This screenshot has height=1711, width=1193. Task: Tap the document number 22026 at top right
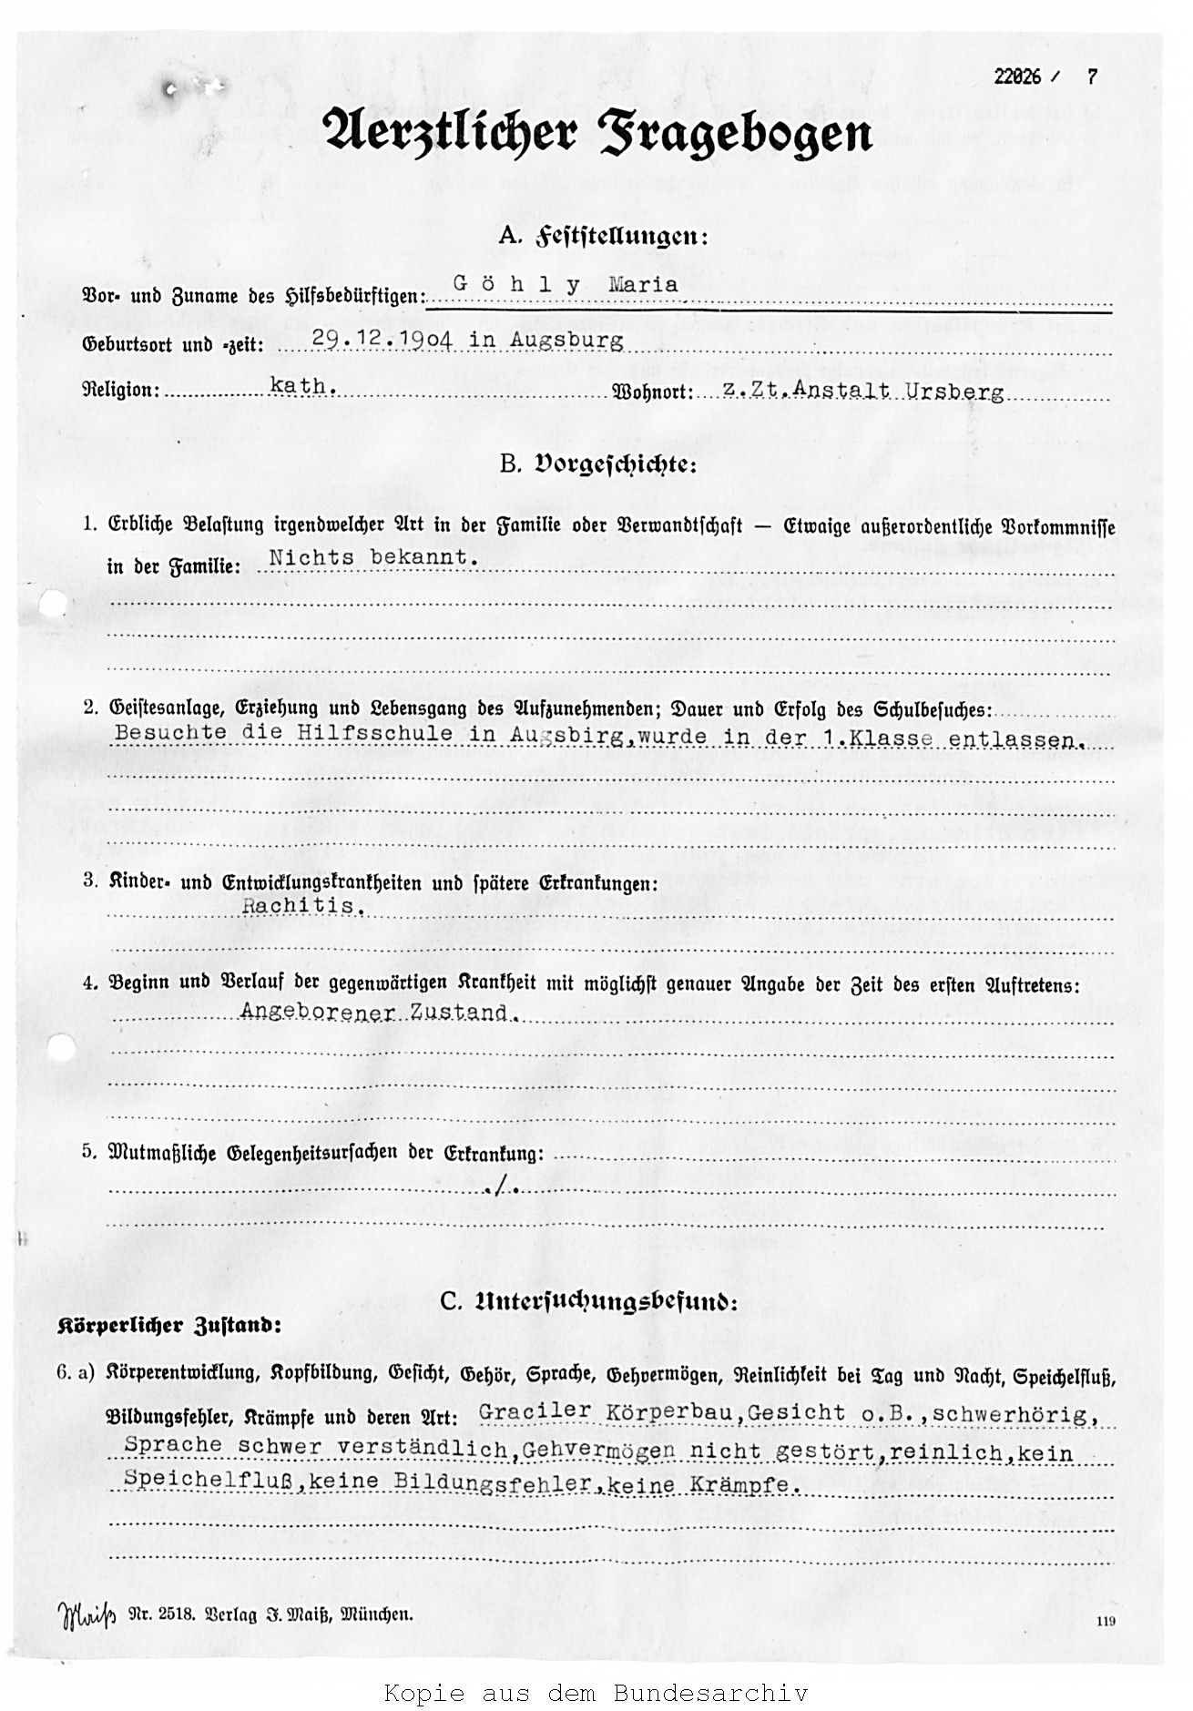(1016, 77)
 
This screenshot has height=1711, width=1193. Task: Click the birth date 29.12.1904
(387, 341)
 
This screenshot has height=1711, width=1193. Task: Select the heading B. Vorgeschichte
(597, 465)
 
